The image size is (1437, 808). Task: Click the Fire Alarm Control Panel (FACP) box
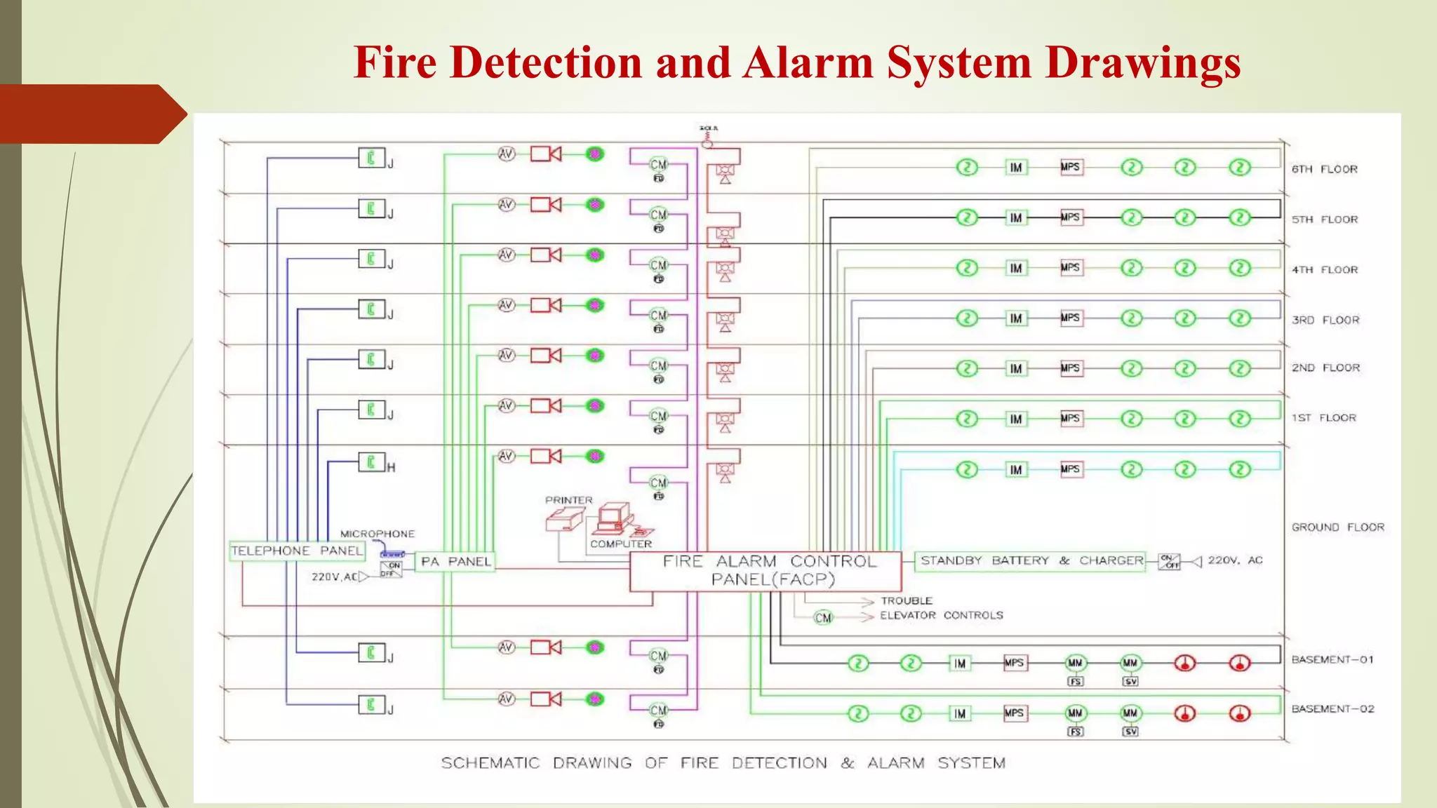pos(766,571)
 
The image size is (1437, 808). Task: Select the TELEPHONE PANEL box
pos(297,551)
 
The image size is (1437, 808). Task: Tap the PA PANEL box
pos(455,562)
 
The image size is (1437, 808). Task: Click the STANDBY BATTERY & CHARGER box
pos(1031,560)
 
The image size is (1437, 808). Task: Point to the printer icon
pos(564,520)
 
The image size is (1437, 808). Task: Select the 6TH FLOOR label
pos(1324,169)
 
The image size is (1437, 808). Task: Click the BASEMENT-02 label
pos(1332,709)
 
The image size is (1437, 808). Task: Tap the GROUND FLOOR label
pos(1337,527)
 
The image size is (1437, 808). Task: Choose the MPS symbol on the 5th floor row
pos(1071,217)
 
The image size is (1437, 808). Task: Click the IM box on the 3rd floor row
pos(1016,318)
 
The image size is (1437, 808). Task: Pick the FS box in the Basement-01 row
pos(1075,681)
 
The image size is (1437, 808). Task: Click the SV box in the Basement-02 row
pos(1130,732)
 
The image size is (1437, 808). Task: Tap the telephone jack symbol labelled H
pos(371,462)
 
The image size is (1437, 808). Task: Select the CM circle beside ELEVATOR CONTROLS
pos(823,618)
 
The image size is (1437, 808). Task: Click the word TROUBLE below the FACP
pos(907,601)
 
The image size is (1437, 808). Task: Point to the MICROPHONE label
pos(377,534)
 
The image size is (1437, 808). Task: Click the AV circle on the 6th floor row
pos(507,154)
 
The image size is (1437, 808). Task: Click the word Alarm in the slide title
pos(808,63)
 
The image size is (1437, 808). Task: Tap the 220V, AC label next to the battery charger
pos(1235,560)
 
